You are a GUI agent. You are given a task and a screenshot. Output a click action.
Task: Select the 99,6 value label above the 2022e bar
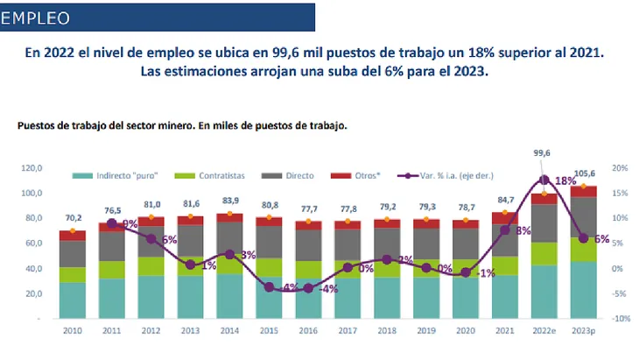click(x=542, y=153)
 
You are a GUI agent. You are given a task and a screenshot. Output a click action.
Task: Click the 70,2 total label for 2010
click(x=74, y=217)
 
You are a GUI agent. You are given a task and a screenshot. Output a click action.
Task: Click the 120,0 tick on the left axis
click(x=32, y=167)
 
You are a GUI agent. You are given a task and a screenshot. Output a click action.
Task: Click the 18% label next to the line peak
click(x=565, y=180)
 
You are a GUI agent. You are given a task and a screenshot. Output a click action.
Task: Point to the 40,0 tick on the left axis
click(x=32, y=268)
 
